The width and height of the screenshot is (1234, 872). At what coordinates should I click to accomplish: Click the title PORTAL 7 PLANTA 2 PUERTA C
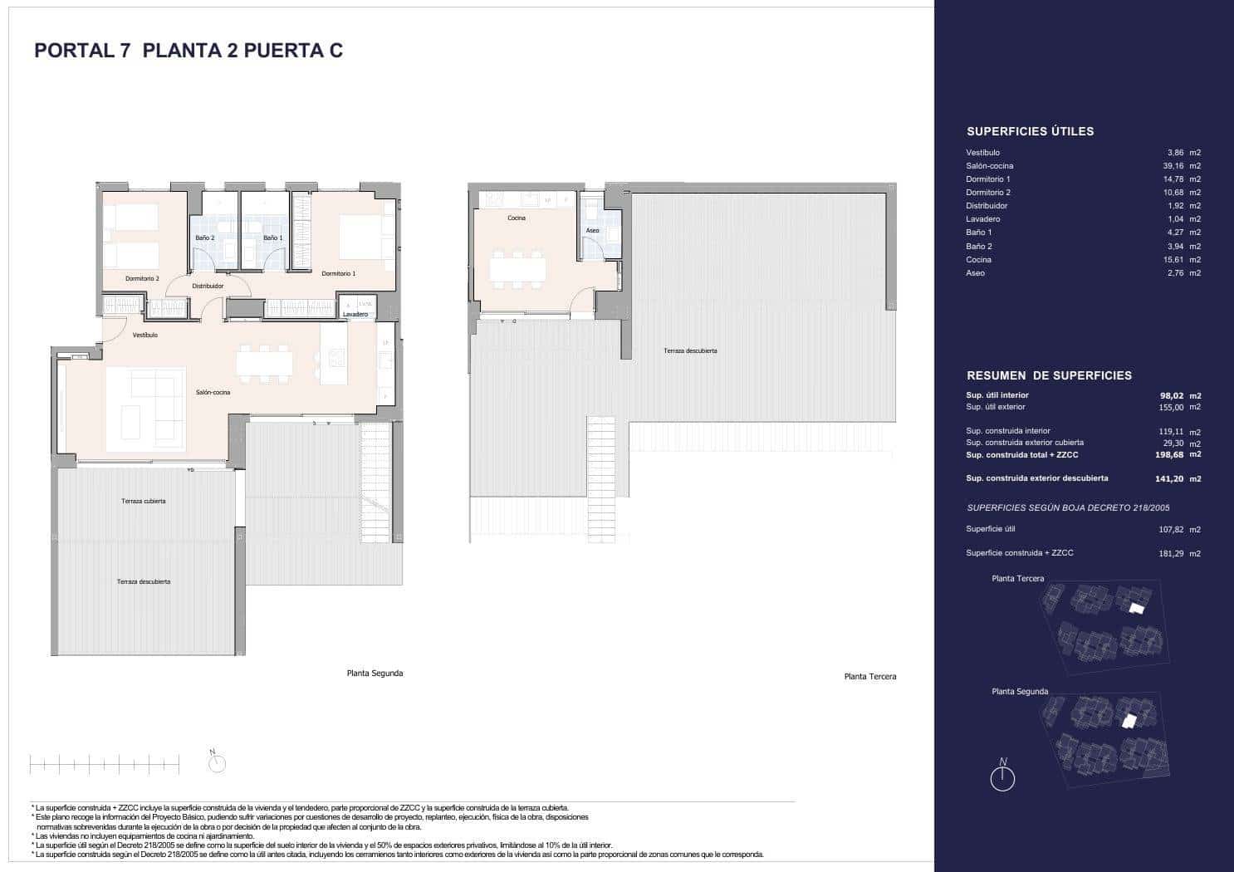tap(189, 51)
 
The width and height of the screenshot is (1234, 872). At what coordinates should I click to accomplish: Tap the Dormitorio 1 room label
tap(338, 273)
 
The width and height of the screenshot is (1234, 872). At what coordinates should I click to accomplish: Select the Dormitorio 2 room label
tap(142, 278)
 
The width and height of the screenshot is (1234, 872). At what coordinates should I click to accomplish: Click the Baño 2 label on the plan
tap(204, 238)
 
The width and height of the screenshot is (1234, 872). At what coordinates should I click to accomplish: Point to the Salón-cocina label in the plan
tap(213, 392)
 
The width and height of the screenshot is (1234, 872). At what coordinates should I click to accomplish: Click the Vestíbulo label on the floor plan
tap(145, 336)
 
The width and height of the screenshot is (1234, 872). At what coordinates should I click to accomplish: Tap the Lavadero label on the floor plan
tap(355, 315)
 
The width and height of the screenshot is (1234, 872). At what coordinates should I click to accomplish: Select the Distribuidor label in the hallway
tap(208, 286)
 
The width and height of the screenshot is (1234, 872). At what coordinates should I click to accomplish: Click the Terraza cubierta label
tap(144, 501)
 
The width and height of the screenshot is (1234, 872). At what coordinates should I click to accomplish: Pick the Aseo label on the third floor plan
tap(592, 231)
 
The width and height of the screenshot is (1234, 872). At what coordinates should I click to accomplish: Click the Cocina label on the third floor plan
tap(517, 218)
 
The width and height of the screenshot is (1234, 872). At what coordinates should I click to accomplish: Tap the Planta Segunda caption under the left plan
tap(375, 674)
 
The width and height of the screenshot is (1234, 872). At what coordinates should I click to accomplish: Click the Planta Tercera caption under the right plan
tap(869, 677)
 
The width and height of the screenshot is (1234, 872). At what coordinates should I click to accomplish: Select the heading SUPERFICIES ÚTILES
tap(1030, 131)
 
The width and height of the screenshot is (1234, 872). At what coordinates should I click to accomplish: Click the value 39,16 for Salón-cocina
tap(1174, 166)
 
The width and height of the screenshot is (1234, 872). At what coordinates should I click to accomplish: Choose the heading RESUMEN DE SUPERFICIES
tap(1049, 375)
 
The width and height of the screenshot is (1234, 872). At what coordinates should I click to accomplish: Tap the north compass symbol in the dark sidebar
tap(1003, 776)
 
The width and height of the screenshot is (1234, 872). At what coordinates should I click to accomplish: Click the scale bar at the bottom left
tap(104, 765)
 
